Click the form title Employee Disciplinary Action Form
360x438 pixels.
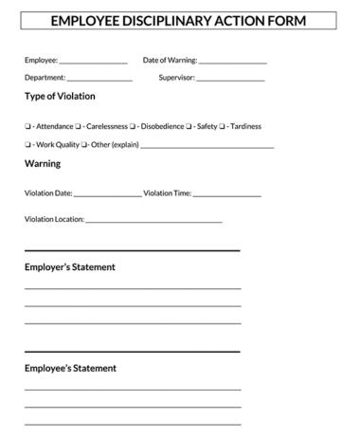[178, 20]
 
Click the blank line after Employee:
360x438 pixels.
[93, 62]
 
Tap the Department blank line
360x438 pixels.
[99, 79]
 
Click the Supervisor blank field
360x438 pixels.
[230, 79]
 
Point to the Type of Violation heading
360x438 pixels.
[60, 97]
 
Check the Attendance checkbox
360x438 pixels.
[27, 126]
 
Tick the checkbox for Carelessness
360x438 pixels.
[79, 126]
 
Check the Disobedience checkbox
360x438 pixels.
[134, 126]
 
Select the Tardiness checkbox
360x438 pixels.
[223, 126]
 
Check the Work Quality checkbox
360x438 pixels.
[27, 145]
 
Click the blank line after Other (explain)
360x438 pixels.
[207, 146]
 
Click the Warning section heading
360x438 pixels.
[43, 164]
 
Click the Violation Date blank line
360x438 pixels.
[107, 194]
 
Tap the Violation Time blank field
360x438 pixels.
[226, 194]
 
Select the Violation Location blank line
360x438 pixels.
[153, 221]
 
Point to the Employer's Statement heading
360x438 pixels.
[70, 267]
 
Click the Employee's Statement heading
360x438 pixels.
[70, 368]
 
